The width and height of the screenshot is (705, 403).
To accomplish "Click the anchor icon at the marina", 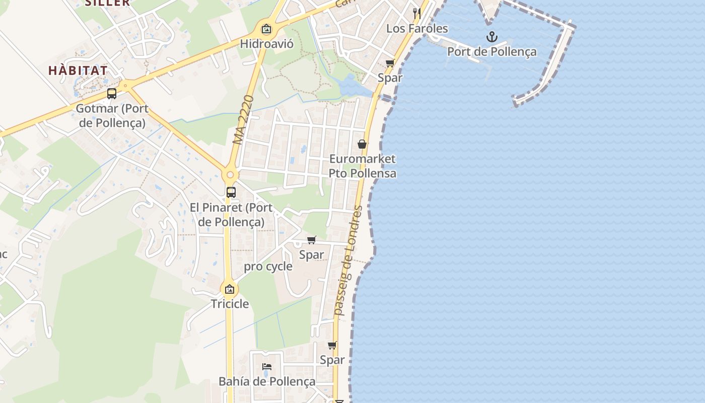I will pos(491,37).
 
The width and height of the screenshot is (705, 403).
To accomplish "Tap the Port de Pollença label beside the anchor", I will pos(491,51).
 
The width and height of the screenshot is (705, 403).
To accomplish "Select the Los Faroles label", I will pos(417,28).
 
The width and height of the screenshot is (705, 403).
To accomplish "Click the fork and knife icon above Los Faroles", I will pos(416,13).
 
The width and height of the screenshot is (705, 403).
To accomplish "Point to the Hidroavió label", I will pos(266,43).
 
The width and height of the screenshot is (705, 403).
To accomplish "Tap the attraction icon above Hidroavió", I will pos(266,29).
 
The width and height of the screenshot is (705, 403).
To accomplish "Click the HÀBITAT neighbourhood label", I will pos(78,71).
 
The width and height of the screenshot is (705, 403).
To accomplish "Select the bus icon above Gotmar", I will pos(112,94).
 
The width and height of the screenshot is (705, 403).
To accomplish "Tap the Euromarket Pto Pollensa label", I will pos(362,166).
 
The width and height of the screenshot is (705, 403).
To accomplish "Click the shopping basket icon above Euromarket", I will pos(362,144).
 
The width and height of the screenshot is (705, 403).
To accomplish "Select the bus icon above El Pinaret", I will pos(231,192).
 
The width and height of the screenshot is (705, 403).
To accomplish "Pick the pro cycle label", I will pos(268,266).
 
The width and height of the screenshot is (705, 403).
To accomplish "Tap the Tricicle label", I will pos(230,304).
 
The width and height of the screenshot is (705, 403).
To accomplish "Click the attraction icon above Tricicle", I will pos(230,289).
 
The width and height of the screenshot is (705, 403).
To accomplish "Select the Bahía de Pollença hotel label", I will pos(267,381).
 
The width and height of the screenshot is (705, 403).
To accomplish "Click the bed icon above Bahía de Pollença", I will pos(267,366).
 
